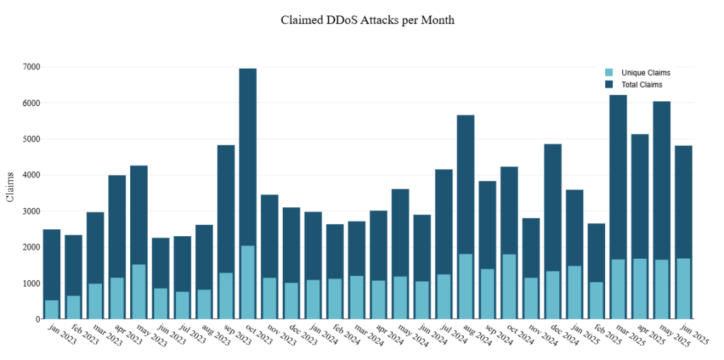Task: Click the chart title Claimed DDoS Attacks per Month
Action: point(368,20)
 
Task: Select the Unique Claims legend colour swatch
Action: point(609,73)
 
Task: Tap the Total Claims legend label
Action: point(641,85)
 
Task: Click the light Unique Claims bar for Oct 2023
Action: point(247,283)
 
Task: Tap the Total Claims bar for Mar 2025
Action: point(618,177)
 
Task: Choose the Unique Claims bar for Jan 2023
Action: point(52,310)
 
